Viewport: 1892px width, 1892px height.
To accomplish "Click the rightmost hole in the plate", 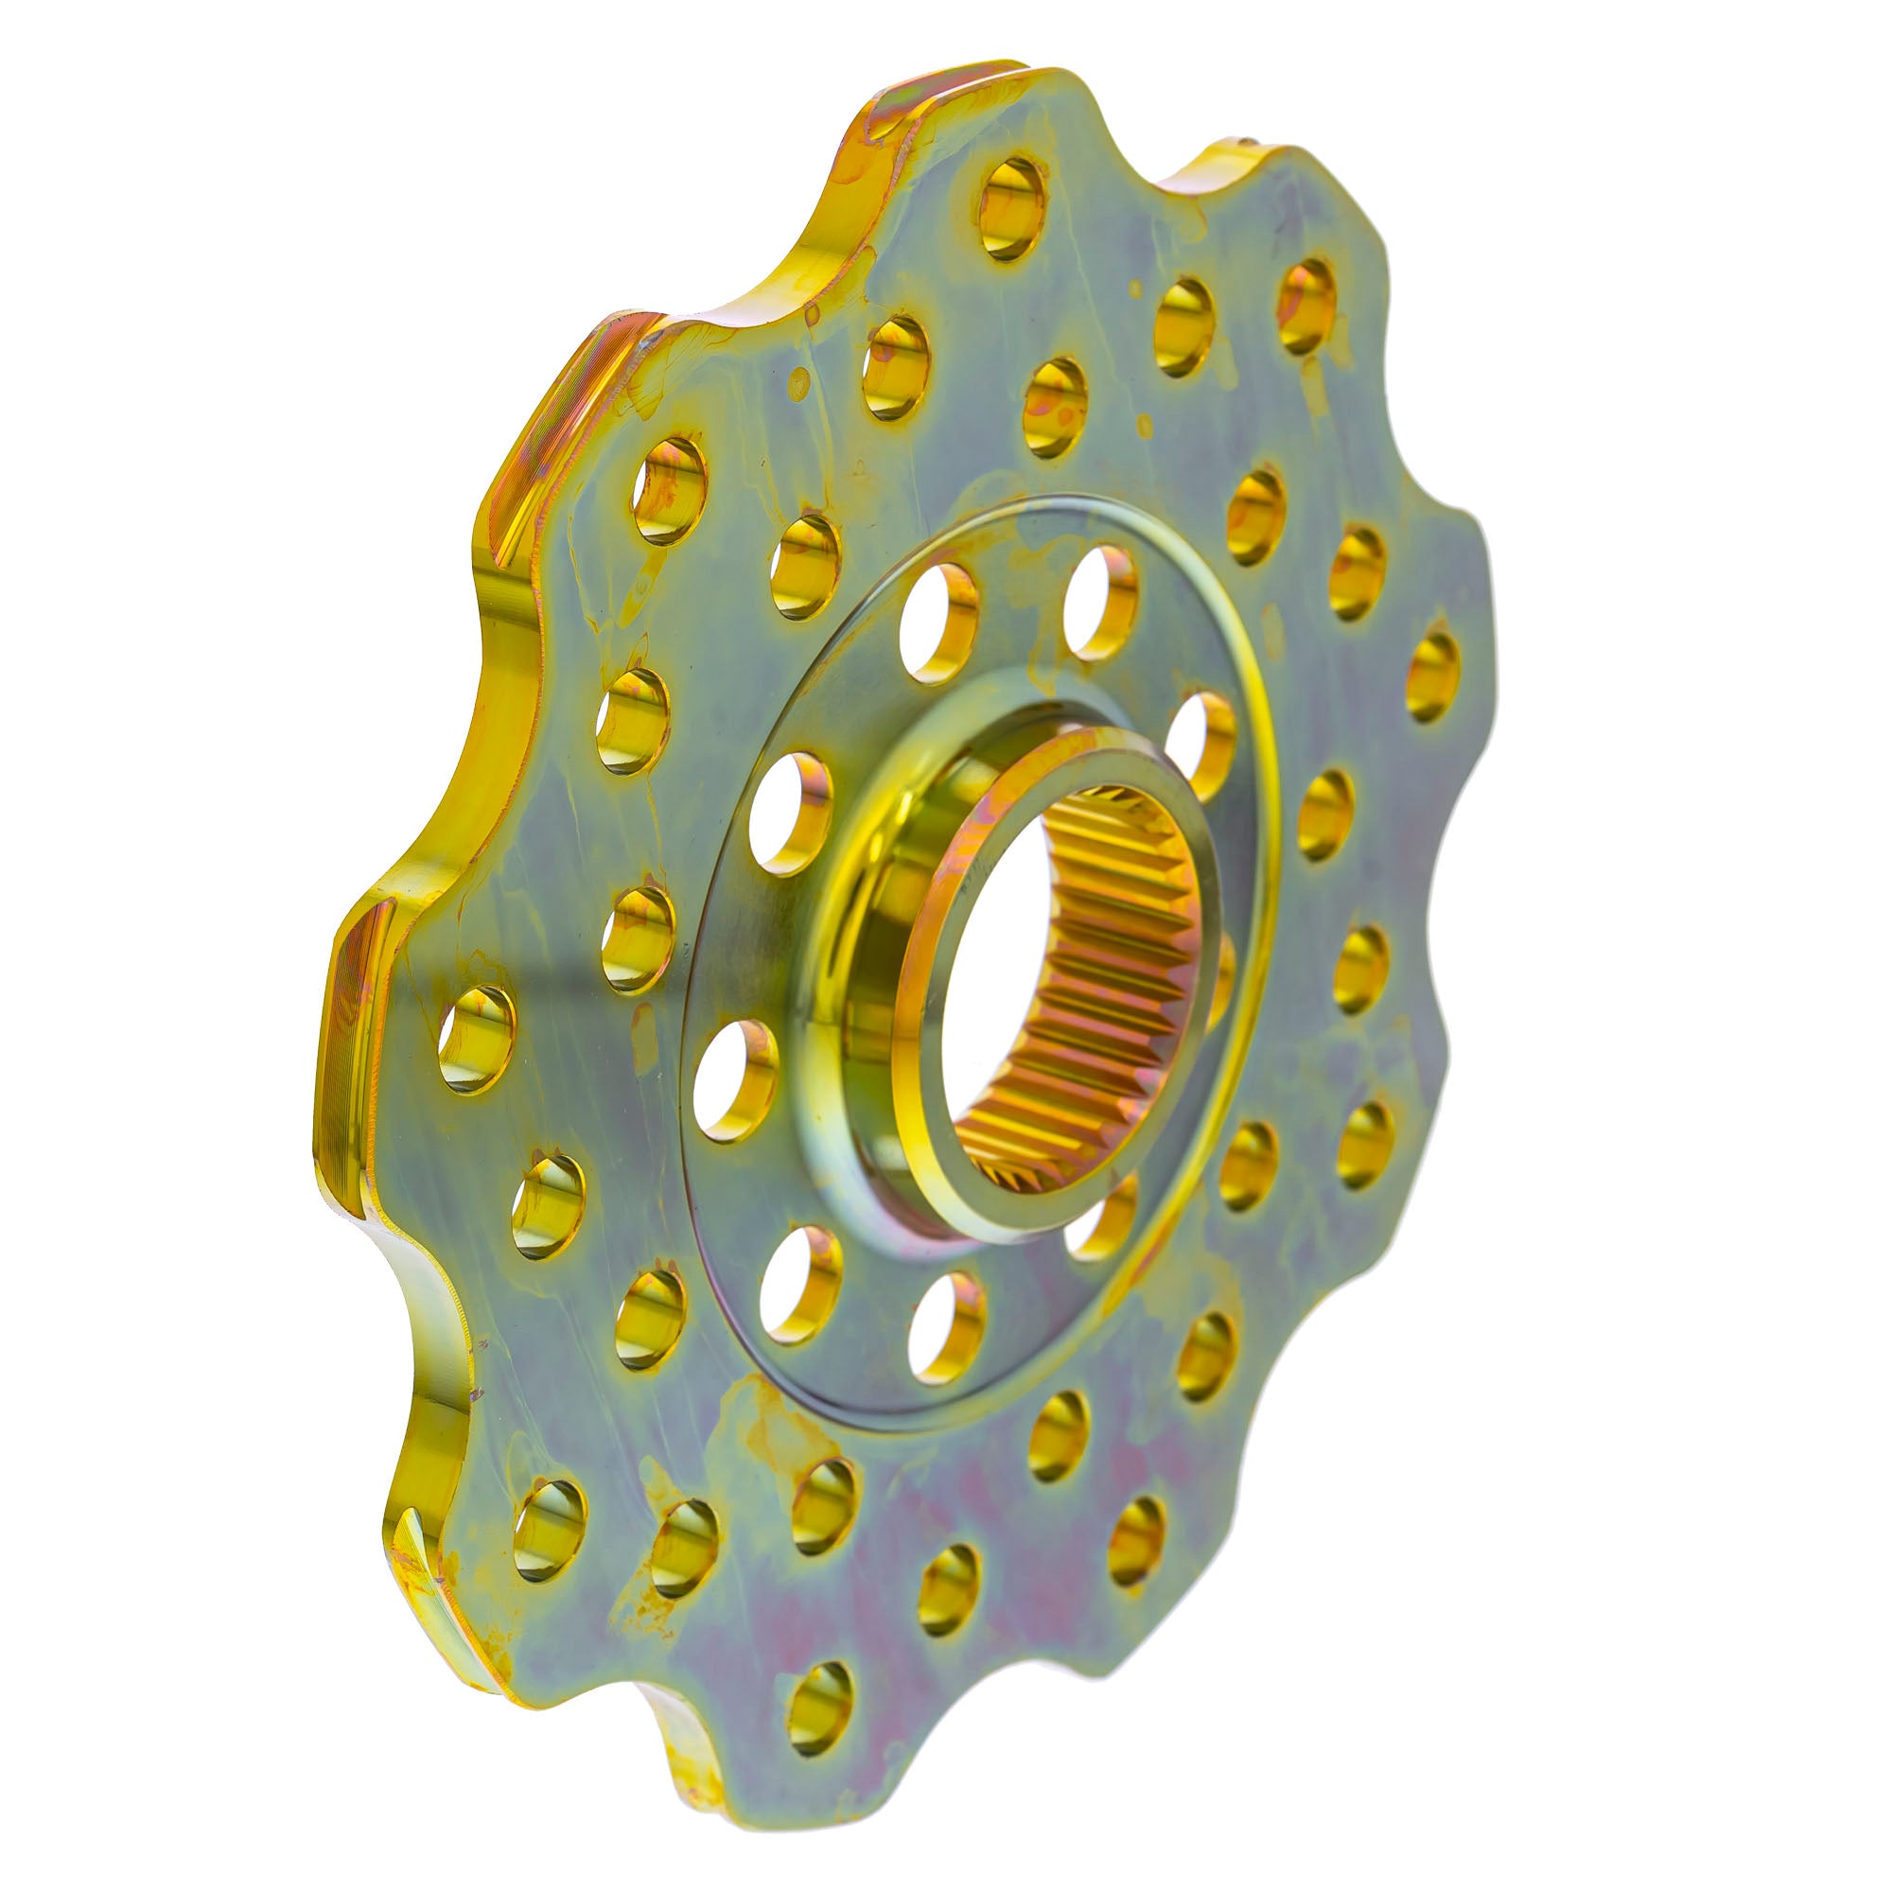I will (1432, 676).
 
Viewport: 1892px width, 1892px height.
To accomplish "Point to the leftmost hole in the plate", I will (476, 1039).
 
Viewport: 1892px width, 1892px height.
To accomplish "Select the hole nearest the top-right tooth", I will (1306, 305).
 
